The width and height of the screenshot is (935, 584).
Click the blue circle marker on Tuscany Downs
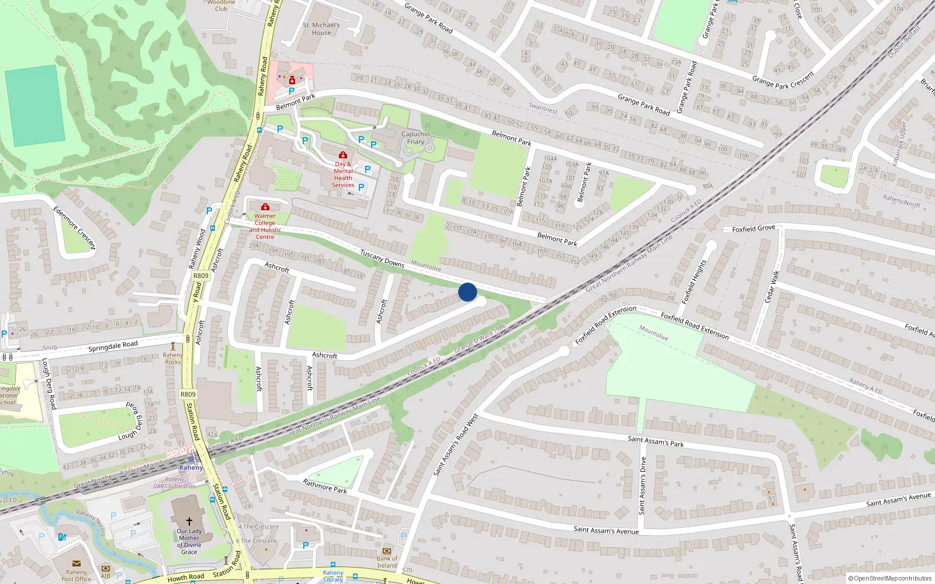467,292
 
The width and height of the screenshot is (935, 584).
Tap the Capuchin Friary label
415,138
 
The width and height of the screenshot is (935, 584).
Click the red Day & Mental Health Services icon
343,155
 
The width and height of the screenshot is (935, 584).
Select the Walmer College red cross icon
265,207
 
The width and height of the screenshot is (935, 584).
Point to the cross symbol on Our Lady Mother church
189,521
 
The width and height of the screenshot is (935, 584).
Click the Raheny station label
191,468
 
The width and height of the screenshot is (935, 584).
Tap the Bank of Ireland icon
386,551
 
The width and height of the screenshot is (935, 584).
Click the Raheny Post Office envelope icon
77,564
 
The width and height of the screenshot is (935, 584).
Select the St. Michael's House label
321,29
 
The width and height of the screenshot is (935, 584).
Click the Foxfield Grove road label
753,229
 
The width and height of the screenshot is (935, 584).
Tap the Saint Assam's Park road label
655,442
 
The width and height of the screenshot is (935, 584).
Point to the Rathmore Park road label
325,486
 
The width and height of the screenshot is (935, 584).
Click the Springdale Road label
113,346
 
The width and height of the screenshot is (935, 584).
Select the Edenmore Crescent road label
74,228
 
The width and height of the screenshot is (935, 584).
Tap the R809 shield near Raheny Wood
200,276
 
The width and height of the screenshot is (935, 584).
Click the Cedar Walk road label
772,286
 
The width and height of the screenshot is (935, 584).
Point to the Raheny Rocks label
172,358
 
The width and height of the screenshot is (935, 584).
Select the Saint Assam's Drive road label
642,485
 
